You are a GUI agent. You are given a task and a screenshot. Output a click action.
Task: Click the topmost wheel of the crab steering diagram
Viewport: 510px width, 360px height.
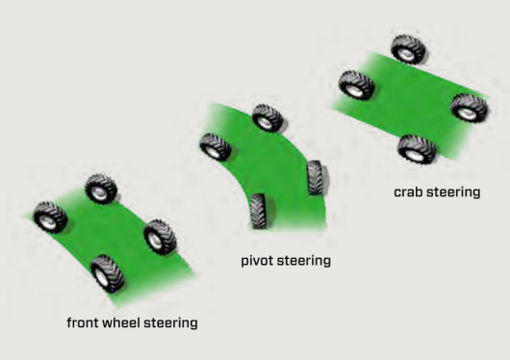tap(409, 49)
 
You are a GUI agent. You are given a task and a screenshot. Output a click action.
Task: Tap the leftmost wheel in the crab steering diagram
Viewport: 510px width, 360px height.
tap(356, 85)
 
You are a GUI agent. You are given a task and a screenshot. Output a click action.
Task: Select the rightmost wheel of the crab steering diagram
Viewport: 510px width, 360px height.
tap(470, 108)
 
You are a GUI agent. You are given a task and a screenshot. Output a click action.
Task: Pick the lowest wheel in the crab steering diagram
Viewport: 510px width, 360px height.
tap(417, 149)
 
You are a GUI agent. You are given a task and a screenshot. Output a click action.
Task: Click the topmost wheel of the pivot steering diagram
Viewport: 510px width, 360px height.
tap(268, 117)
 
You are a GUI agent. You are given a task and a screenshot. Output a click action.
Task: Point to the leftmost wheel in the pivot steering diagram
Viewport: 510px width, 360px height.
tap(216, 147)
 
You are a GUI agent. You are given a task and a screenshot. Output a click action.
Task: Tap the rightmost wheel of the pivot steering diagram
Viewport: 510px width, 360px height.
tap(315, 177)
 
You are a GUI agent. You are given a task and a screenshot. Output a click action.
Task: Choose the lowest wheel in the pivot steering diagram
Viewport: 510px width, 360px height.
tap(259, 211)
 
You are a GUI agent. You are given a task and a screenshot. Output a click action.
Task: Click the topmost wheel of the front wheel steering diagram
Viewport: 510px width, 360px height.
tap(101, 189)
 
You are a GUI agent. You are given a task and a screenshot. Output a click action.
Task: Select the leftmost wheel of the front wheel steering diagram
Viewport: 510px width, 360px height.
tap(50, 218)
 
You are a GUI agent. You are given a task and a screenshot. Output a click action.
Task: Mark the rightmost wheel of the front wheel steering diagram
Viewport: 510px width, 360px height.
tap(160, 237)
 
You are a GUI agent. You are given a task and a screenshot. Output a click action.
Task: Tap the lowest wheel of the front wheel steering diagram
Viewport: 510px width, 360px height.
tap(108, 273)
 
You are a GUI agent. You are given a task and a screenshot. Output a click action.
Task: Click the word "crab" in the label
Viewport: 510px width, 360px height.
tap(409, 193)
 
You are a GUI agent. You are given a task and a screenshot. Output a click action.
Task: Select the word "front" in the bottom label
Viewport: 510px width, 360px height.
tap(83, 322)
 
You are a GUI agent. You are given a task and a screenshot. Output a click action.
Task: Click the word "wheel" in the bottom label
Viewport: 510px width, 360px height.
tap(121, 322)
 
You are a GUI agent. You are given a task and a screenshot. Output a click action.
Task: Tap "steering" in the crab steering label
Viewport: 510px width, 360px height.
tap(453, 193)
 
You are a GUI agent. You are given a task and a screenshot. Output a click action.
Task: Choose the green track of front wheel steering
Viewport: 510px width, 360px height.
tap(123, 241)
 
